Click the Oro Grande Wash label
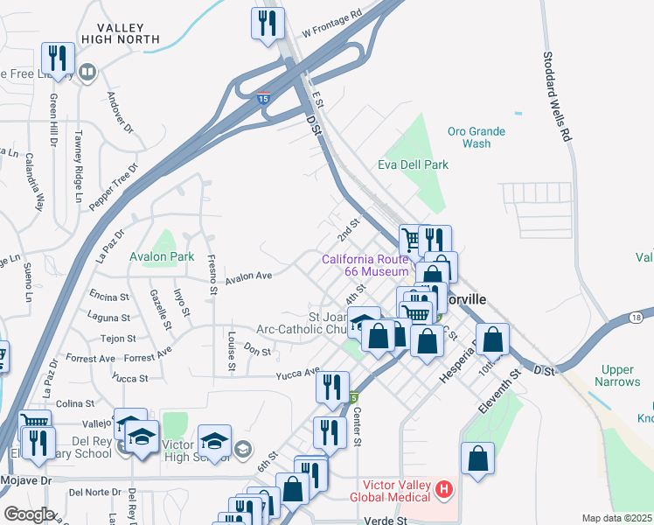(x=477, y=137)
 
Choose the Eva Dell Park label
(x=413, y=164)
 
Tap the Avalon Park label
(x=162, y=257)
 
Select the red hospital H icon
(x=445, y=489)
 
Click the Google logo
(x=29, y=514)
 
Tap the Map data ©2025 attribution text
(x=616, y=518)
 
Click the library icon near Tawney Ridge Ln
(x=87, y=72)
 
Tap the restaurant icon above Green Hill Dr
(x=57, y=59)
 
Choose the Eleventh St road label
(x=499, y=391)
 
